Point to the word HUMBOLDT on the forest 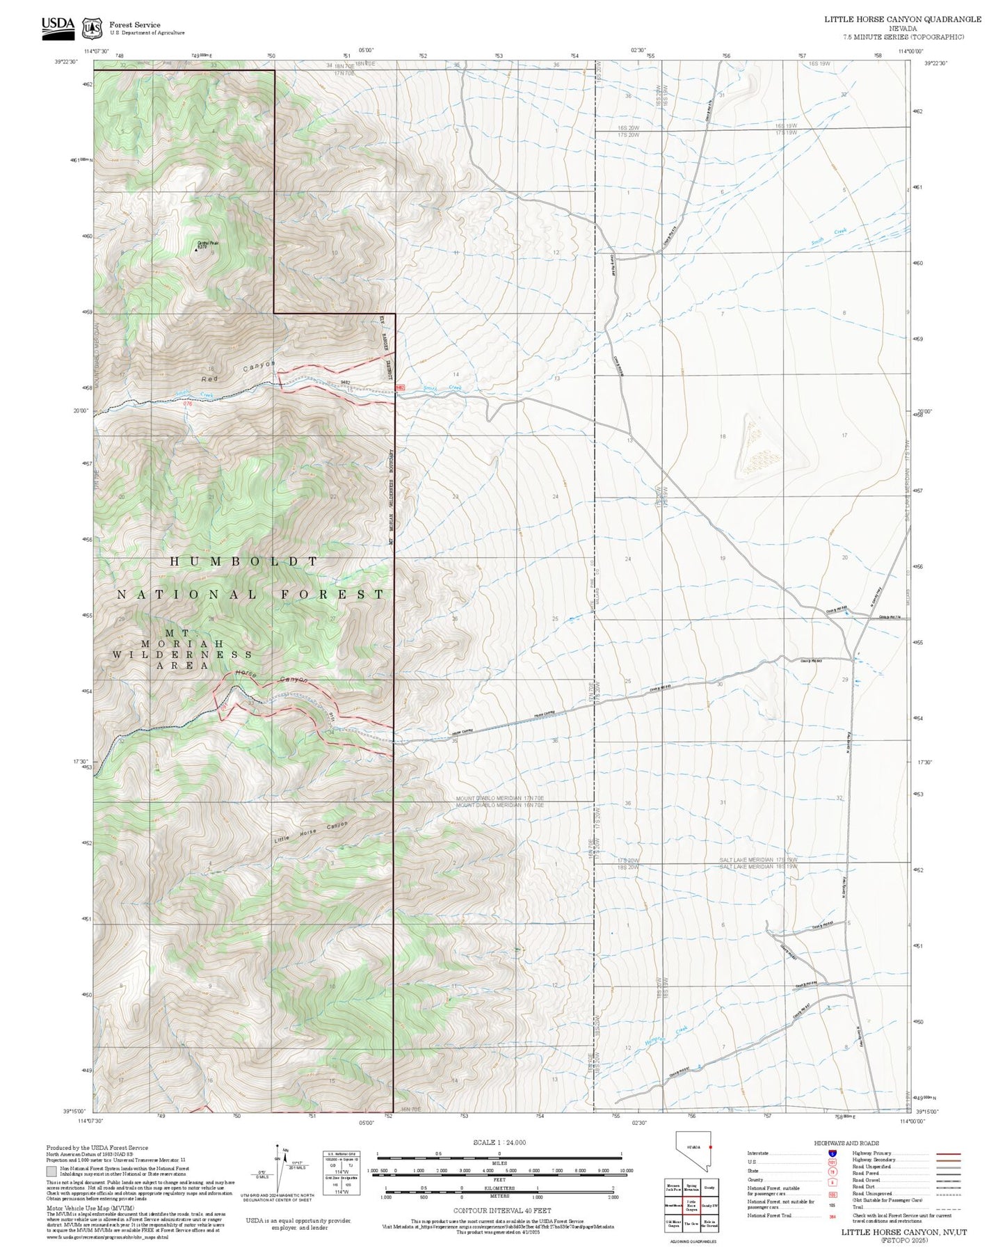pos(244,561)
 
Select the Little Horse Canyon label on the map pos(310,833)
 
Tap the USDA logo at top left pos(58,26)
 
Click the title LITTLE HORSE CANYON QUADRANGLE pos(903,19)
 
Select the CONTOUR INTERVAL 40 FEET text pos(501,1211)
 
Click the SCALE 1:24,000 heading pos(499,1142)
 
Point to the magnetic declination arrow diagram pos(278,1168)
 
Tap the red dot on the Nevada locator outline pos(711,1146)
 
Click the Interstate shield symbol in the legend pos(832,1153)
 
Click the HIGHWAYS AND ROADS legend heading pos(846,1143)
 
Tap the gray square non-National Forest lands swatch pos(51,1171)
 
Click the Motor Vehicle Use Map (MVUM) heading pos(90,1208)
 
